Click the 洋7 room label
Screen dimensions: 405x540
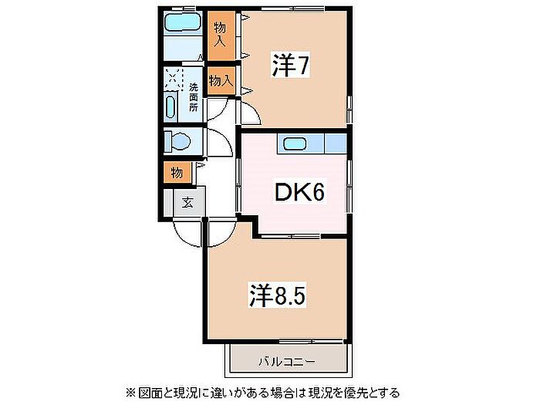(290, 67)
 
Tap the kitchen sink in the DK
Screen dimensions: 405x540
(295, 143)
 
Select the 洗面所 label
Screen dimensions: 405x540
(193, 97)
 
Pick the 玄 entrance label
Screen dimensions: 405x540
(187, 204)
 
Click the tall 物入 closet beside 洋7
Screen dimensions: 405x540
(220, 33)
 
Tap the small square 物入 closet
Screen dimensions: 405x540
(220, 80)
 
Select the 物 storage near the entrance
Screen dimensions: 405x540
(177, 172)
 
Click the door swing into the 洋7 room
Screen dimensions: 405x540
(249, 113)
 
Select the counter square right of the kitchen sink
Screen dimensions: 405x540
(335, 143)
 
